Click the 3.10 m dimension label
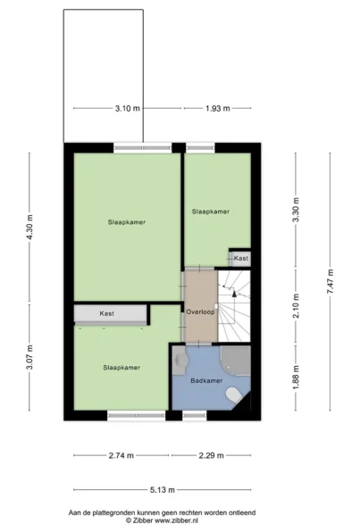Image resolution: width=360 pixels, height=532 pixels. tap(128, 109)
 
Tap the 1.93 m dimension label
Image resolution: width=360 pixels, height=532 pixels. tap(218, 109)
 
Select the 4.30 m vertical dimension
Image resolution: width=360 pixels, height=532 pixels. tap(29, 227)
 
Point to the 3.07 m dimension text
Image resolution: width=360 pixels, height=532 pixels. tap(29, 357)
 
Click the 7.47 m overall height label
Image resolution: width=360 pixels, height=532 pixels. tap(331, 281)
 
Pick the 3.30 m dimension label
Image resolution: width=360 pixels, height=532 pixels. tap(296, 210)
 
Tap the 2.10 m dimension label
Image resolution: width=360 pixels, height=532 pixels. tap(296, 305)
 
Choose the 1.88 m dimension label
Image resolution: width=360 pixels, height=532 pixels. tap(296, 378)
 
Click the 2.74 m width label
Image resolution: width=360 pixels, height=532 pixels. tap(121, 455)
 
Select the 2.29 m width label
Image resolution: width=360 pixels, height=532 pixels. tap(211, 455)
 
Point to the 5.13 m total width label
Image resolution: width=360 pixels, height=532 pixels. tap(163, 490)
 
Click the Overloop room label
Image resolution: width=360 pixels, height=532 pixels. tap(200, 312)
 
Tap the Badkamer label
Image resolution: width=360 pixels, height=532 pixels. tap(206, 380)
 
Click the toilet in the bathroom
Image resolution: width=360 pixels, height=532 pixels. tap(234, 395)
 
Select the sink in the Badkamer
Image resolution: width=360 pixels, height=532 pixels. tap(180, 361)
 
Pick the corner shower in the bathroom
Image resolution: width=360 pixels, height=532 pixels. tap(236, 361)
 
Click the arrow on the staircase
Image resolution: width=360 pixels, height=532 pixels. tap(234, 294)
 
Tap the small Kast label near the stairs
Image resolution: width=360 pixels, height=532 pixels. tap(241, 258)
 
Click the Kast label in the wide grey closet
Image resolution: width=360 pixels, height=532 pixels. tap(106, 314)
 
